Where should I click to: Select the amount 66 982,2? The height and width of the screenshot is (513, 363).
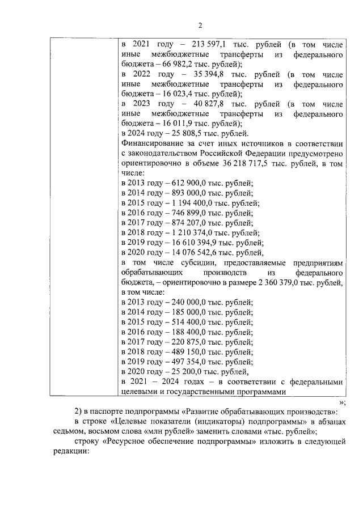point(174,64)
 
